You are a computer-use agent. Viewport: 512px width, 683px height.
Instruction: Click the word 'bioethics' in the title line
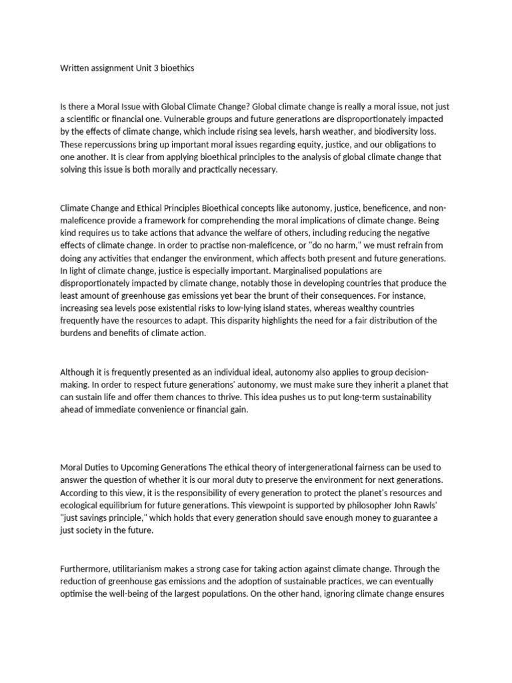click(174, 68)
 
